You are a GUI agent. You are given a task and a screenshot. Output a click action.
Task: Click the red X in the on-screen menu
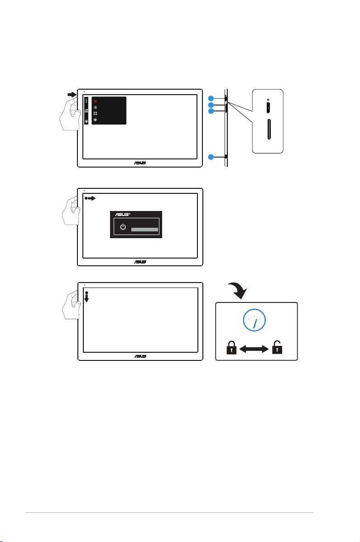click(x=96, y=101)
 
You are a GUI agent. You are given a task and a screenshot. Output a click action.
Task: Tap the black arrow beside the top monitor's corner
click(x=72, y=94)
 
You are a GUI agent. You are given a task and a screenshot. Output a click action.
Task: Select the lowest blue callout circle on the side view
click(x=211, y=157)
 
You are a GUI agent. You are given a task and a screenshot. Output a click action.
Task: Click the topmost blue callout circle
click(x=211, y=98)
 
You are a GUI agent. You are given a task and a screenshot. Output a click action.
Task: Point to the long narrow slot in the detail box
click(x=269, y=130)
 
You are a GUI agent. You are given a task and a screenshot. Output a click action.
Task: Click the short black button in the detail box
click(x=269, y=108)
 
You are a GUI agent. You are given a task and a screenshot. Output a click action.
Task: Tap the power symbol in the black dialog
click(x=123, y=227)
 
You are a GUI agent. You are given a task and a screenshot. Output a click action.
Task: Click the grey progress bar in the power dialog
click(x=144, y=230)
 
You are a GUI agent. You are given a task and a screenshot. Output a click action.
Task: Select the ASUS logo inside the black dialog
click(x=123, y=215)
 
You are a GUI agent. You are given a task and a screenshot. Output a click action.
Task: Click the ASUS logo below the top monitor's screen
click(x=140, y=163)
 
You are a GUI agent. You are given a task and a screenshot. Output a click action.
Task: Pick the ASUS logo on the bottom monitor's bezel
click(x=140, y=356)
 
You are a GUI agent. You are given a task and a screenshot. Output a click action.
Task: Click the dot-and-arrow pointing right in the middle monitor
click(x=90, y=198)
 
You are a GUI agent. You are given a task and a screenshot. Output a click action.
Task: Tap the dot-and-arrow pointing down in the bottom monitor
click(x=86, y=297)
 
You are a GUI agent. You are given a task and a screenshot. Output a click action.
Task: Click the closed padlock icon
click(x=231, y=348)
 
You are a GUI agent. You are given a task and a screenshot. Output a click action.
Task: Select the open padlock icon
click(x=277, y=347)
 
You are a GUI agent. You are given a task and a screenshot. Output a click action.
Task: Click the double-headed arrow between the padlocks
click(x=254, y=349)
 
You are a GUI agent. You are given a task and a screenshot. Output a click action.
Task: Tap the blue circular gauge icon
click(x=254, y=320)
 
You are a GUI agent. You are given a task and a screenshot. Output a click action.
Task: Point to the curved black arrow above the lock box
click(x=237, y=290)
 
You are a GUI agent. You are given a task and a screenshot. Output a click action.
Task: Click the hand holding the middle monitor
click(x=71, y=210)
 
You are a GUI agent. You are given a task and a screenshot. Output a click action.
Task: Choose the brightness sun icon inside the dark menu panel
click(x=96, y=120)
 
